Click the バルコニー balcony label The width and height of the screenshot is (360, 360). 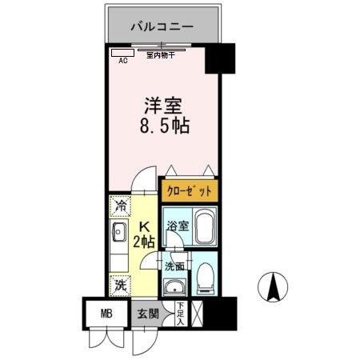pyautogui.click(x=162, y=27)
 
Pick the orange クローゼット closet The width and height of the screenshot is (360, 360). pyautogui.click(x=189, y=190)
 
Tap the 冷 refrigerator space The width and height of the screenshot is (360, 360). pyautogui.click(x=120, y=207)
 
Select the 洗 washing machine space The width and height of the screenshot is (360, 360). pyautogui.click(x=120, y=284)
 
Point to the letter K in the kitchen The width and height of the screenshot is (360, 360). pyautogui.click(x=145, y=226)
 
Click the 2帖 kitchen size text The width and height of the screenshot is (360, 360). pyautogui.click(x=145, y=241)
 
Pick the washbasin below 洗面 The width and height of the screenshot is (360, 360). pyautogui.click(x=174, y=285)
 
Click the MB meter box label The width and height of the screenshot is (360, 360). pyautogui.click(x=106, y=314)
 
